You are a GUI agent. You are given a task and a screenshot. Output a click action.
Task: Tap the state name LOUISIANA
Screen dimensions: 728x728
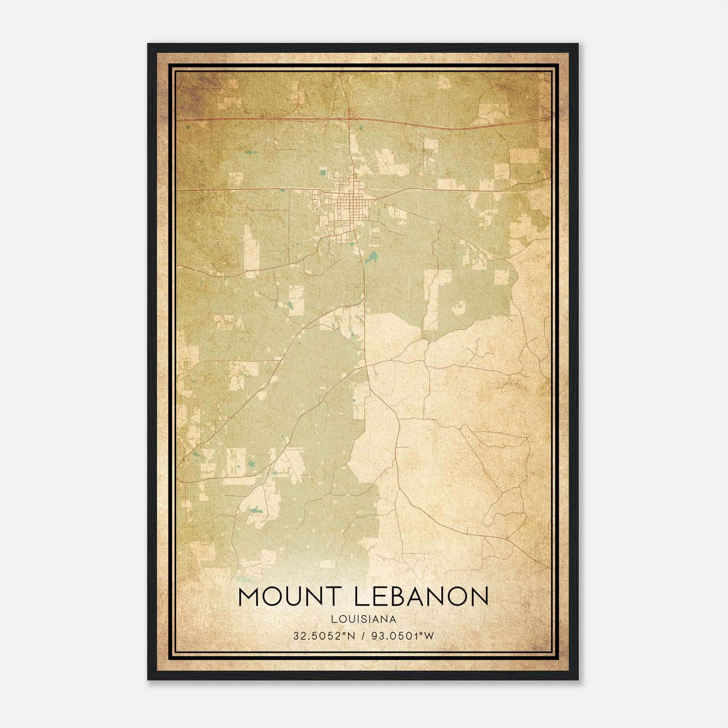click(364, 619)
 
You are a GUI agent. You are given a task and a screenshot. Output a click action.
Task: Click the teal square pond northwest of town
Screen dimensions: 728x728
click(323, 172)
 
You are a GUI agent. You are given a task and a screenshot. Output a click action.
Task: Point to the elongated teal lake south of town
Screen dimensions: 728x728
click(372, 258)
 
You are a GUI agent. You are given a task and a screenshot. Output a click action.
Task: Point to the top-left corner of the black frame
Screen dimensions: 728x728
click(148, 44)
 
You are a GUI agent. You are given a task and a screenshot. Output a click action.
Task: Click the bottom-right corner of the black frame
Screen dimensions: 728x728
click(577, 679)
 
